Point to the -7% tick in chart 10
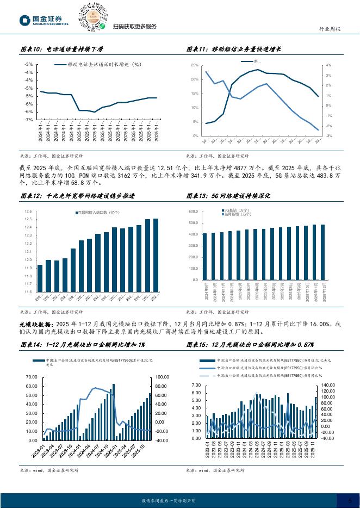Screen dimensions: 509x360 [x=28, y=120]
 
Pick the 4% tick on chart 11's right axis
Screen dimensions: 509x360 [x=328, y=65]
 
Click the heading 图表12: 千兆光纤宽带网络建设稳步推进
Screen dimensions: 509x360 [x=77, y=196]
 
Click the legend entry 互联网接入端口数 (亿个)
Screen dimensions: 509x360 [x=96, y=212]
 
